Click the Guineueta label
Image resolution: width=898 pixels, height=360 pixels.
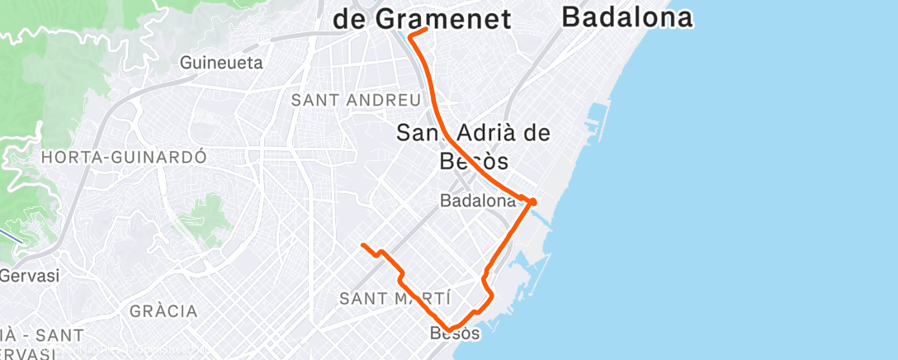point(221,63)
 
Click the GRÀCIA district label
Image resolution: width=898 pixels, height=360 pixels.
point(163,311)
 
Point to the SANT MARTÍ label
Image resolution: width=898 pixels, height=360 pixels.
point(395,298)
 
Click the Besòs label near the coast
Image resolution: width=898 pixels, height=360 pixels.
point(455,334)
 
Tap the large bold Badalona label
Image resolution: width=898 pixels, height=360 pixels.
point(626,17)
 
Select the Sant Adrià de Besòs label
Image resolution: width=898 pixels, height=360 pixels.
point(473,145)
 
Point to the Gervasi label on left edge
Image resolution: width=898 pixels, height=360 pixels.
point(30,276)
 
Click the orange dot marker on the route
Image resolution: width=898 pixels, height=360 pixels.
point(532,201)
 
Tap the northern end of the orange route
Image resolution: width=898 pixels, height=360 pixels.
point(426,29)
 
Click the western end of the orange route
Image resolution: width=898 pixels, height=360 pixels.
point(363,245)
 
